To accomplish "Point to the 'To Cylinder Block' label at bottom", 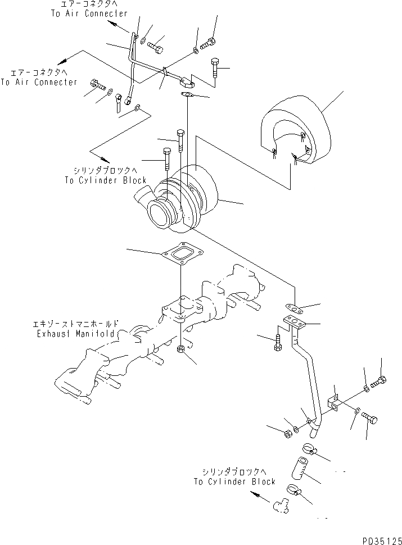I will point(234,482).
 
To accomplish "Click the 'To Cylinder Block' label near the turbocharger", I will point(105,180).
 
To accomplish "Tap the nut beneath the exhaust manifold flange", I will point(182,351).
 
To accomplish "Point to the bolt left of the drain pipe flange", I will point(279,343).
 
